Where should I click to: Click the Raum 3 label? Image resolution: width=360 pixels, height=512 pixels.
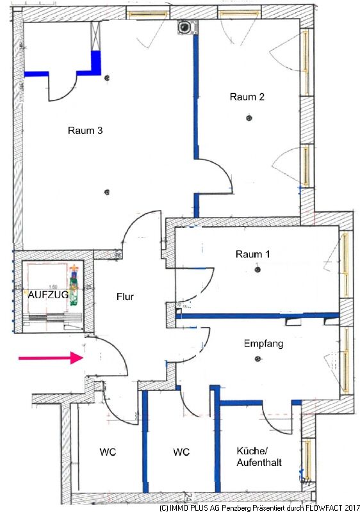click(x=85, y=131)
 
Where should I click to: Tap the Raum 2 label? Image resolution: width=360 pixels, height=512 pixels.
click(x=247, y=97)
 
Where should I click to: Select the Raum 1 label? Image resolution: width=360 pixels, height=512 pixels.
click(x=252, y=254)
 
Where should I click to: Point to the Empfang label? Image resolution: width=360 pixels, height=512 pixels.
click(x=264, y=344)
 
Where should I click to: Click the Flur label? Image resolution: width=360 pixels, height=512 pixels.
click(x=125, y=297)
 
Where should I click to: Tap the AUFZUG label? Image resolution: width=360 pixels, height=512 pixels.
click(x=48, y=294)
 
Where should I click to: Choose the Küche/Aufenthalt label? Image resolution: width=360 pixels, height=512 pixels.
click(x=259, y=456)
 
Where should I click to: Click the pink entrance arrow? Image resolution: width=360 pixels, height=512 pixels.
click(x=51, y=358)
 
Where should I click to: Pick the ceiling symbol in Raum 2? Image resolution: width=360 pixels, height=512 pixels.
click(x=249, y=118)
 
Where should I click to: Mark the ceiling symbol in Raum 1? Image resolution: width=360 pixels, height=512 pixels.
click(x=258, y=269)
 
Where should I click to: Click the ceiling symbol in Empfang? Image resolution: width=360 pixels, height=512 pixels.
click(x=258, y=359)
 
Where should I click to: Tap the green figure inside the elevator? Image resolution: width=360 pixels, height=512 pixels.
click(x=74, y=285)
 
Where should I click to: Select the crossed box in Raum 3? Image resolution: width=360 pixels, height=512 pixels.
click(x=95, y=36)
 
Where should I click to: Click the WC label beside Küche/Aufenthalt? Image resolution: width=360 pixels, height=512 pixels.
click(x=181, y=452)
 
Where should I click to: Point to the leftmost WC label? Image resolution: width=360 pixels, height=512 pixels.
click(x=108, y=452)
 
